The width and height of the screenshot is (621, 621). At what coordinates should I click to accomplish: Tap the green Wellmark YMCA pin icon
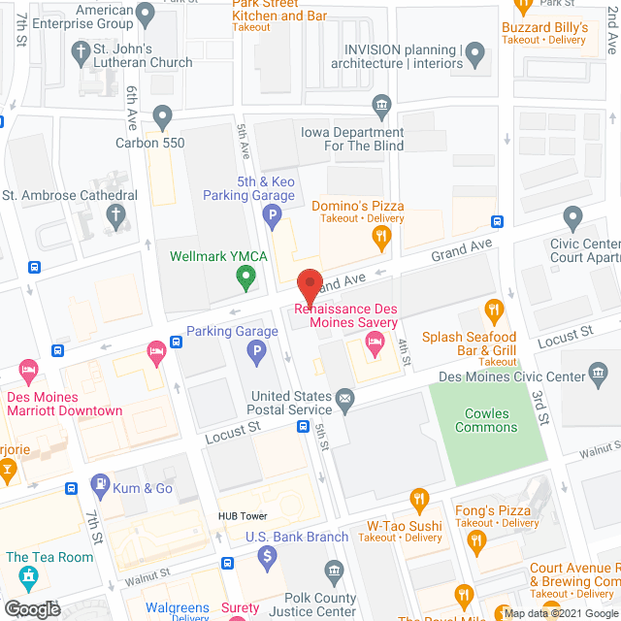[x=246, y=279]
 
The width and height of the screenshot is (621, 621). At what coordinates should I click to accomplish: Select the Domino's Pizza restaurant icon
[x=383, y=236]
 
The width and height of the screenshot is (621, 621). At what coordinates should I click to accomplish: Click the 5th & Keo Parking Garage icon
[x=275, y=216]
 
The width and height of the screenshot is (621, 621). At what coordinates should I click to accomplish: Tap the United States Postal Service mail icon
[x=343, y=397]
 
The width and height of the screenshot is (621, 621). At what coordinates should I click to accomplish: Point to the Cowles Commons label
[x=486, y=420]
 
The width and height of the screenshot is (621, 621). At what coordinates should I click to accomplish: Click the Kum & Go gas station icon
[x=99, y=484]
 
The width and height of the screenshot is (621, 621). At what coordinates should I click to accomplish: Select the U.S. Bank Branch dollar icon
[x=267, y=556]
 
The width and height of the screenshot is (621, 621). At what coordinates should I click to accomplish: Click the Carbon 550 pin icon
[x=162, y=118]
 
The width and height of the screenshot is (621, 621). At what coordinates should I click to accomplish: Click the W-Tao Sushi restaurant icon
[x=419, y=501]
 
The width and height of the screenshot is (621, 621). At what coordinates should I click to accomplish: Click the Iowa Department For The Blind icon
[x=380, y=104]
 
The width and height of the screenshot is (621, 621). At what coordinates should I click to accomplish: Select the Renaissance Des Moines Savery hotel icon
[x=374, y=341]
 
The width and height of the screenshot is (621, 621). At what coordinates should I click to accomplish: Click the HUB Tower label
[x=243, y=516]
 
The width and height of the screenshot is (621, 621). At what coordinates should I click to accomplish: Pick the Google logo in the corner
[x=31, y=608]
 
